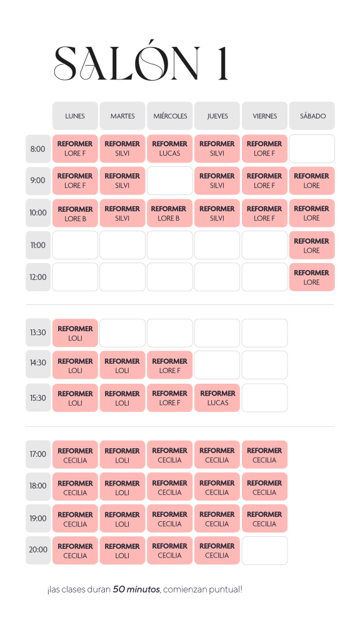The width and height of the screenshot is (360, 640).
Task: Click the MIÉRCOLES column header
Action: tap(170, 116)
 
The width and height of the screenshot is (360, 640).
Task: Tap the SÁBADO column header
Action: tap(312, 116)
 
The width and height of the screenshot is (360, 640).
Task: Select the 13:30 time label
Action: tap(38, 332)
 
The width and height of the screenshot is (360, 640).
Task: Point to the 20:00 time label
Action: tap(38, 550)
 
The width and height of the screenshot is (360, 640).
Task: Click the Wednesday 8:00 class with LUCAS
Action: tap(170, 149)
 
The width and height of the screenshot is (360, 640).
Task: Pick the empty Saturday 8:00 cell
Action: tap(312, 149)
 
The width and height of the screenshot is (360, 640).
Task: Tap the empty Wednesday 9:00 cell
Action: tap(170, 181)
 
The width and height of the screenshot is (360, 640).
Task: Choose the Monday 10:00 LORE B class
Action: tap(75, 213)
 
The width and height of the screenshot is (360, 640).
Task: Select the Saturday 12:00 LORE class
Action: tap(312, 277)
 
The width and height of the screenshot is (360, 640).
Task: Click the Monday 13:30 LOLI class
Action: tap(75, 332)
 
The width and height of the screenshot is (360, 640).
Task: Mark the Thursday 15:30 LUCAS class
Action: tap(217, 397)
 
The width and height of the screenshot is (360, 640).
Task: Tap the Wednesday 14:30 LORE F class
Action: tap(170, 365)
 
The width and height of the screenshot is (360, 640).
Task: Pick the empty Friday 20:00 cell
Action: tap(264, 550)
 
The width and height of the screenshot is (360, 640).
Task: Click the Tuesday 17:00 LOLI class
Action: tap(122, 454)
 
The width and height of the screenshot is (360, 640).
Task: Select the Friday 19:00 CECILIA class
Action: tap(264, 518)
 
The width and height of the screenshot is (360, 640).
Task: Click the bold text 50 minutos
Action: tap(136, 589)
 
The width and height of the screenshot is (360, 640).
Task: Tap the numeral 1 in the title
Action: tap(222, 63)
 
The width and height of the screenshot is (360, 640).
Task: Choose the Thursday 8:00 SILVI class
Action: tap(217, 149)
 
